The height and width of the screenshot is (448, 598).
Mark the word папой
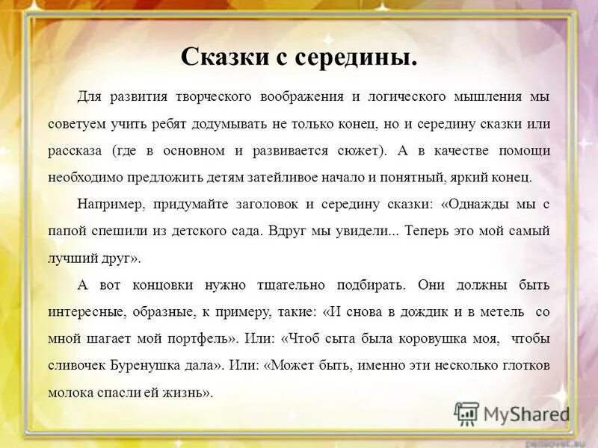click(64, 231)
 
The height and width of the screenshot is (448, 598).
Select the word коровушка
click(437, 338)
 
